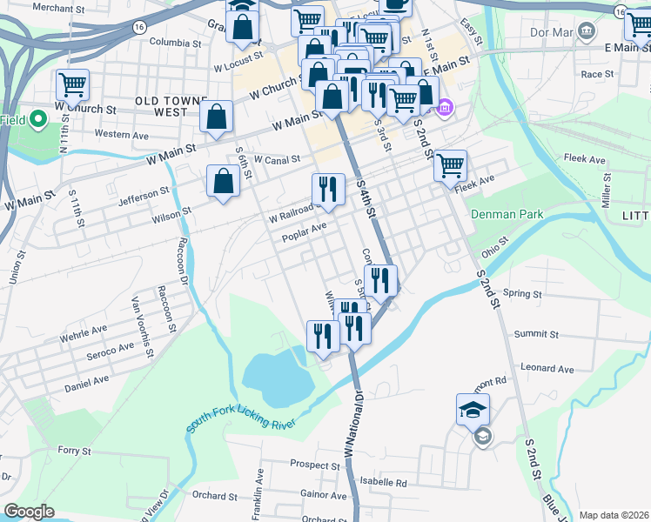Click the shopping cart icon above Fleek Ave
(x=450, y=164)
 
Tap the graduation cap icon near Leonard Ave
(x=473, y=409)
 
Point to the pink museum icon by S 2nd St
(x=445, y=108)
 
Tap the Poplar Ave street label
(x=304, y=229)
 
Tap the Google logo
(x=29, y=512)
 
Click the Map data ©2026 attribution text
(x=613, y=515)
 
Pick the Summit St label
(x=537, y=334)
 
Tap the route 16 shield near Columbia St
(x=139, y=27)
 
